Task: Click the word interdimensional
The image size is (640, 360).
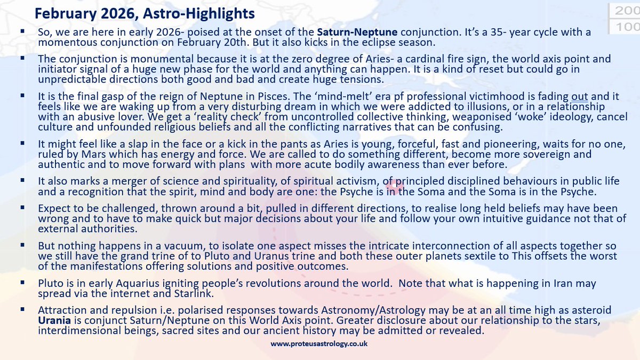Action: [x=74, y=331]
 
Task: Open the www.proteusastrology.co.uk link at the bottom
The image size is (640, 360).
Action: [x=319, y=345]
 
